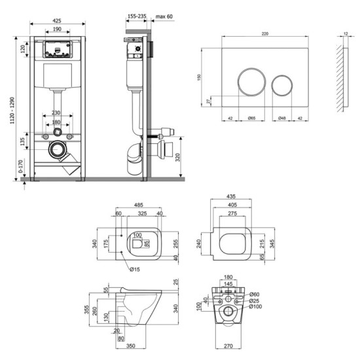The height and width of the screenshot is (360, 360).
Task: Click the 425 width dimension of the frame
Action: pyautogui.click(x=58, y=20)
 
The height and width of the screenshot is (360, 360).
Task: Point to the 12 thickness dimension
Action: pyautogui.click(x=345, y=33)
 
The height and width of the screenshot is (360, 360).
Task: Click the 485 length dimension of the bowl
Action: pyautogui.click(x=139, y=205)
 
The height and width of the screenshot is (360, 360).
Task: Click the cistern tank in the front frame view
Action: pyautogui.click(x=58, y=77)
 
